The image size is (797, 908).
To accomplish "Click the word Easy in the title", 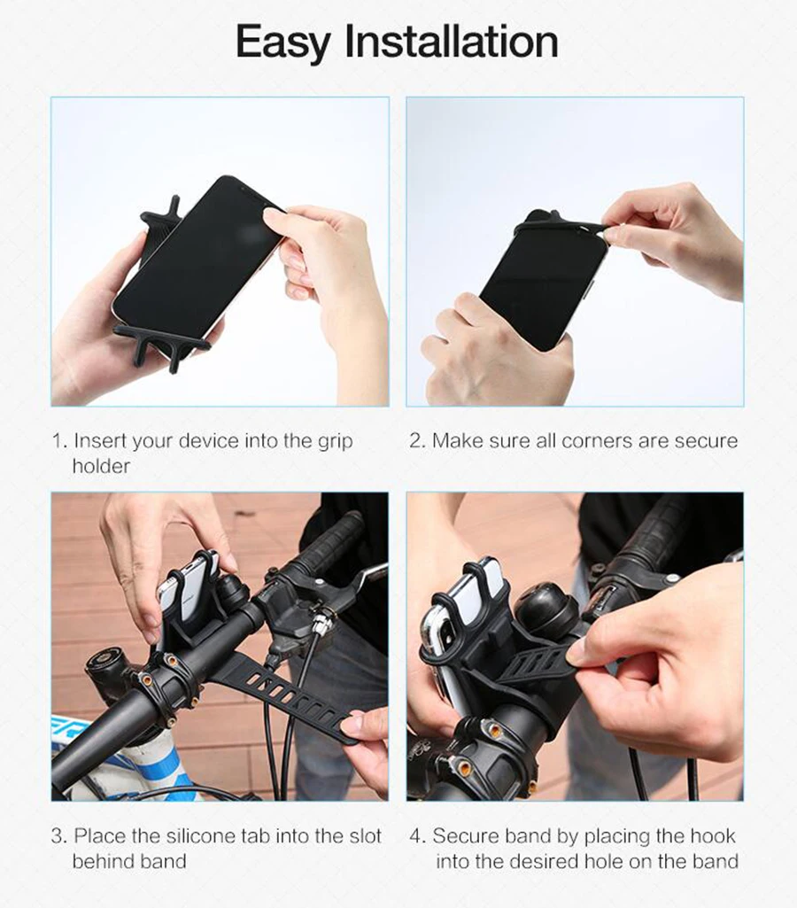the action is pyautogui.click(x=283, y=42).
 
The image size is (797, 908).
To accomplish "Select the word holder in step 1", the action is pyautogui.click(x=101, y=466).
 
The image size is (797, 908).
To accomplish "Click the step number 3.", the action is pyautogui.click(x=59, y=835).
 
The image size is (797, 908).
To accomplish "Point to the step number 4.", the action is pyautogui.click(x=417, y=835).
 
